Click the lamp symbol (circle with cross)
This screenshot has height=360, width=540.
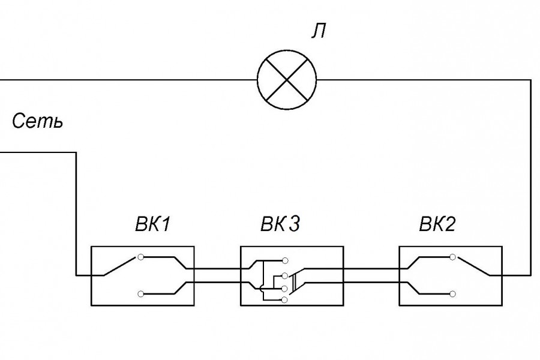click(286, 79)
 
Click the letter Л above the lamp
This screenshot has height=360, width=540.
click(318, 31)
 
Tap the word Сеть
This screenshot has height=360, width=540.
click(37, 122)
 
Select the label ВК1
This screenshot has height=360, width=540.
click(152, 225)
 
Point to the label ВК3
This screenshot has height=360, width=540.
click(280, 225)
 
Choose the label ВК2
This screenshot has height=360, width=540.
click(437, 225)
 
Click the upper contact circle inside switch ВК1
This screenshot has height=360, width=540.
click(140, 257)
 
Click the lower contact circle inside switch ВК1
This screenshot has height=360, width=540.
click(140, 293)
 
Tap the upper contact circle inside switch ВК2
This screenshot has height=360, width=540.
click(453, 257)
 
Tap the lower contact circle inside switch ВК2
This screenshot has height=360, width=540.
click(453, 293)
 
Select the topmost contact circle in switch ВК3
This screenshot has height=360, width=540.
click(285, 260)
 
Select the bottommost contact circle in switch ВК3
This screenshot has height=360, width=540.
click(285, 299)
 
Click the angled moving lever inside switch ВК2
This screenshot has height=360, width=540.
click(474, 266)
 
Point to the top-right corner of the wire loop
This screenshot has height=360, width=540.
click(530, 79)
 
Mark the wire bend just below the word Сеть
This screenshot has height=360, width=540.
click(76, 153)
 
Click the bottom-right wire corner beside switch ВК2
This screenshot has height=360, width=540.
click(530, 275)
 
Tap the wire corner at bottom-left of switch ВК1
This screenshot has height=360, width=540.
click(76, 275)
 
